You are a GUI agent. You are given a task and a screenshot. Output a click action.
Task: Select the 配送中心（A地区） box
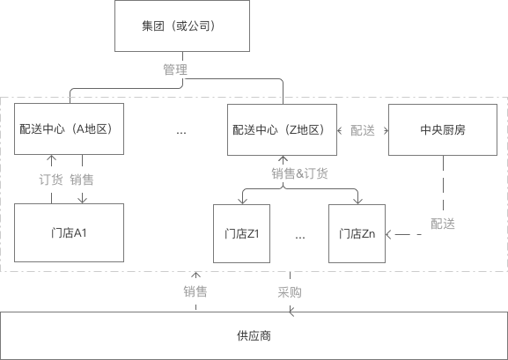pyautogui.click(x=70, y=129)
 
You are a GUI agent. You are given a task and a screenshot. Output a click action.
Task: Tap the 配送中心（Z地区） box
pyautogui.click(x=283, y=129)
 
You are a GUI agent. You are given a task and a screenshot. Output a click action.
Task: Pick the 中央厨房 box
pyautogui.click(x=443, y=129)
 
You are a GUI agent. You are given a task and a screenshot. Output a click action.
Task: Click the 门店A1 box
pyautogui.click(x=70, y=233)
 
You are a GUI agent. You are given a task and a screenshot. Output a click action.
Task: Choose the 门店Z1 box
pyautogui.click(x=242, y=233)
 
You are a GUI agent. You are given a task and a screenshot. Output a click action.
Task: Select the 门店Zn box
pyautogui.click(x=357, y=233)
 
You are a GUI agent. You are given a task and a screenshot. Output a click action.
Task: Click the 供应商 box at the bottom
pyautogui.click(x=254, y=335)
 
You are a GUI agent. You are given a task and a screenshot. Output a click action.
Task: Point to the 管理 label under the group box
pyautogui.click(x=175, y=69)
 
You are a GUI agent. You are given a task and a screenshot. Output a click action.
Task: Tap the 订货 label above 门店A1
pyautogui.click(x=51, y=180)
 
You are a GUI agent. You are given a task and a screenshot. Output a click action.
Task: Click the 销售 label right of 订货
pyautogui.click(x=82, y=180)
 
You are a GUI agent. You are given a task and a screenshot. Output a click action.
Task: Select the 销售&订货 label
pyautogui.click(x=299, y=173)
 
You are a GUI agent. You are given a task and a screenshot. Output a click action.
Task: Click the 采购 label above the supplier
pyautogui.click(x=290, y=292)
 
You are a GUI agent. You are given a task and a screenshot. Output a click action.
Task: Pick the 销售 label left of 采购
pyautogui.click(x=195, y=292)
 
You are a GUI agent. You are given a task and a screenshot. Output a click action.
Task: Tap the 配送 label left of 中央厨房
pyautogui.click(x=363, y=130)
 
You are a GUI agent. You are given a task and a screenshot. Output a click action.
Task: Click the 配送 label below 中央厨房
pyautogui.click(x=443, y=224)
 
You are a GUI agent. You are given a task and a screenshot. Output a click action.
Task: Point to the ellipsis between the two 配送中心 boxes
pyautogui.click(x=180, y=131)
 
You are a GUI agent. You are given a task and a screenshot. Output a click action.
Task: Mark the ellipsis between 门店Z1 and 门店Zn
pyautogui.click(x=300, y=235)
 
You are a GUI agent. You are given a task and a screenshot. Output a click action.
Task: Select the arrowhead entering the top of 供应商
pyautogui.click(x=290, y=308)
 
